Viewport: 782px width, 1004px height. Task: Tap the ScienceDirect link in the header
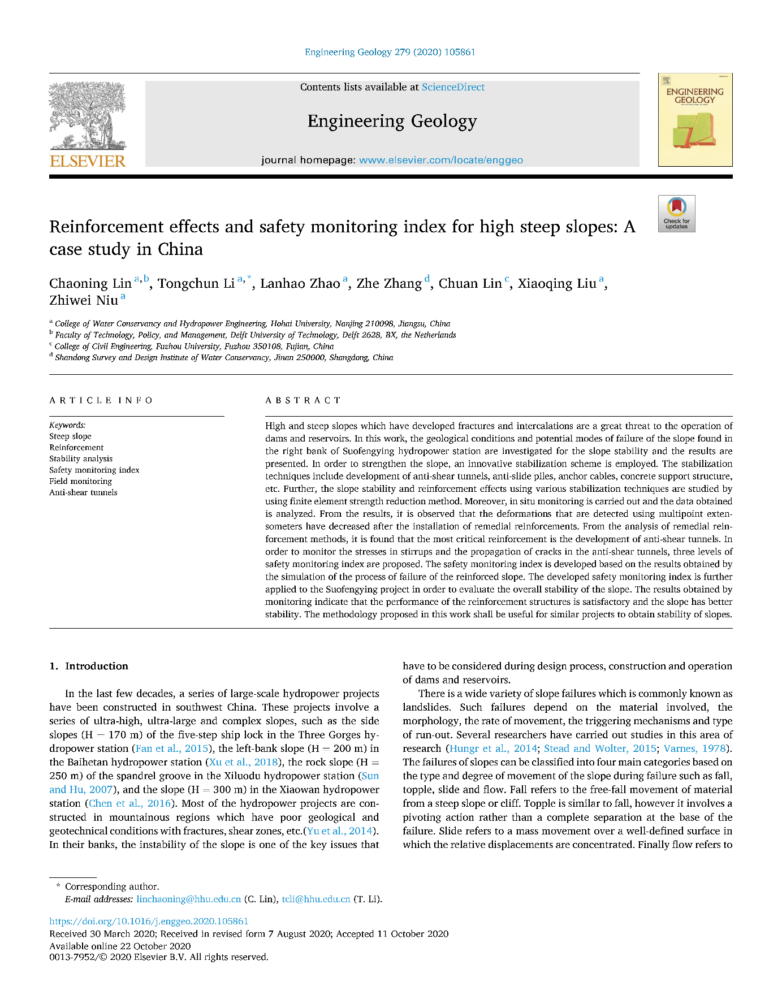(453, 87)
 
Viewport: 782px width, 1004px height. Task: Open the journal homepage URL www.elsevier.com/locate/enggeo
(441, 160)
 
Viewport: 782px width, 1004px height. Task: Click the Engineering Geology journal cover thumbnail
(695, 120)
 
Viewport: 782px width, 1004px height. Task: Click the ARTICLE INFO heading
(101, 400)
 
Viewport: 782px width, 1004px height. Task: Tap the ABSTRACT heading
(303, 400)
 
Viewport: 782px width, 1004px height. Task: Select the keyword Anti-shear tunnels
(83, 492)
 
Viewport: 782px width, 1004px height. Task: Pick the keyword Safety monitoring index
(94, 470)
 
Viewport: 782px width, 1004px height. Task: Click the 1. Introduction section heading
(89, 666)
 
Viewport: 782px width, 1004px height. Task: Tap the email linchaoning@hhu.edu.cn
(189, 899)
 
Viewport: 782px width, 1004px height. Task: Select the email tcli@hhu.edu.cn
(316, 899)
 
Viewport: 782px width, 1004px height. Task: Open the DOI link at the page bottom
(149, 921)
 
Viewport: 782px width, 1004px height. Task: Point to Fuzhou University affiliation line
(194, 346)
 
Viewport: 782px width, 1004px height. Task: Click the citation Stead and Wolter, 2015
(600, 748)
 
